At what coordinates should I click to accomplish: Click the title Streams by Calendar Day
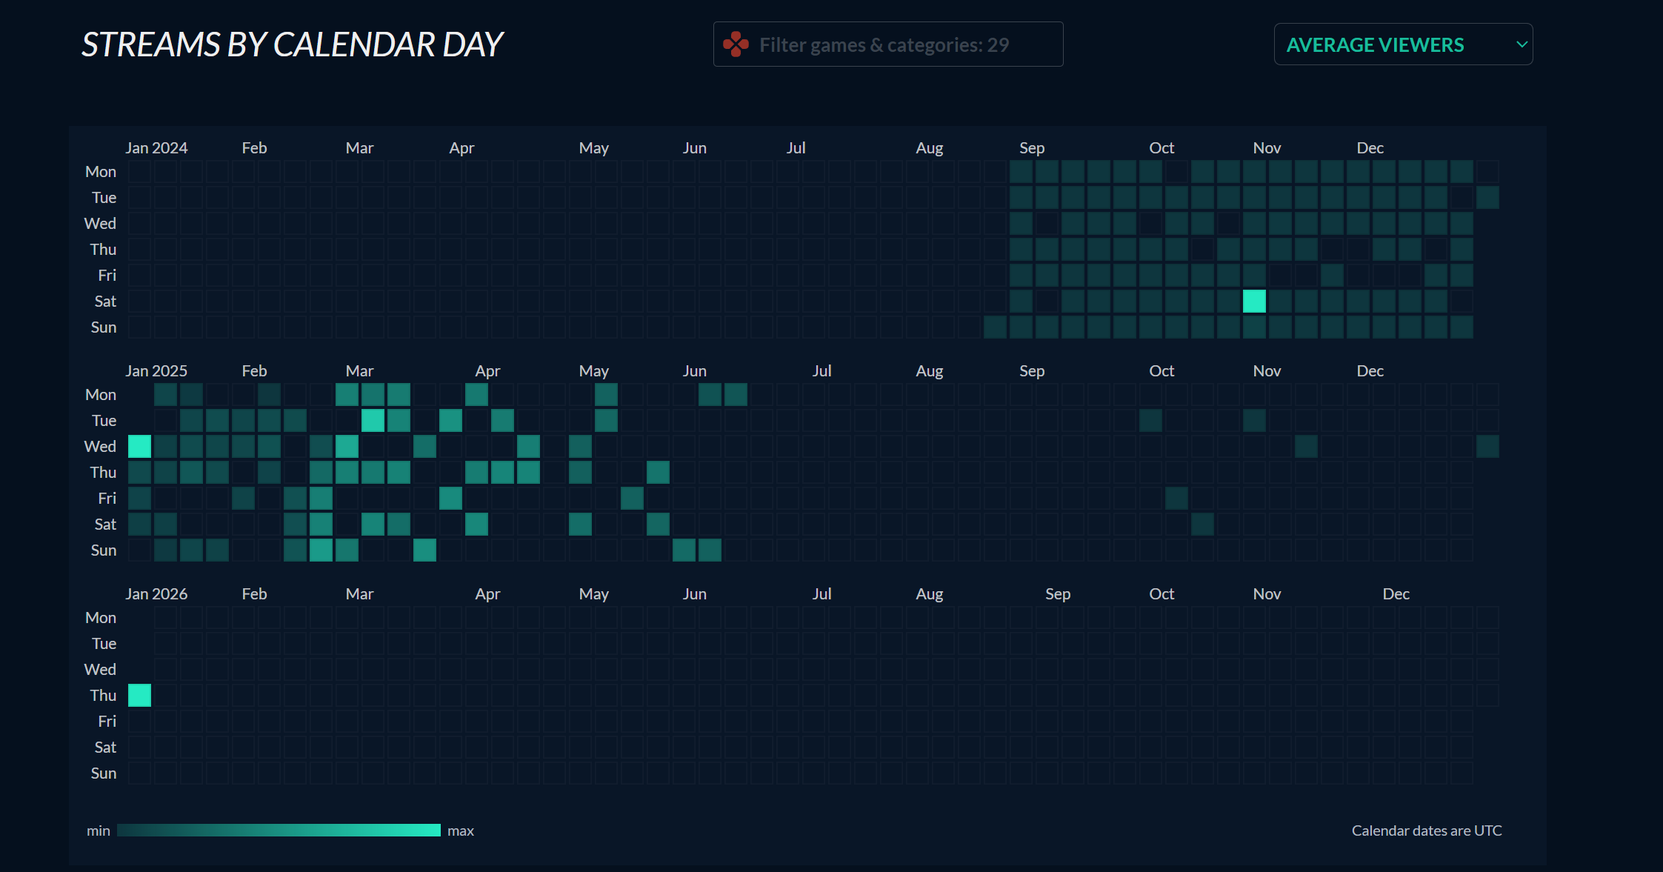[292, 44]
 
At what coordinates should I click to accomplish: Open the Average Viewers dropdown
[1402, 44]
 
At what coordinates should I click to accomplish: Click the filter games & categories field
[887, 44]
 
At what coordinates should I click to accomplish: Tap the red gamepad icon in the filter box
[736, 44]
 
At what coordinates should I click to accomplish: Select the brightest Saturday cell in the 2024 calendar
[1254, 301]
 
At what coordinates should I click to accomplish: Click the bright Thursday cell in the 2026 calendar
[139, 695]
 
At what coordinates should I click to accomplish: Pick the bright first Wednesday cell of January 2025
[139, 446]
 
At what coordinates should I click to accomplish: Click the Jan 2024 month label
[156, 148]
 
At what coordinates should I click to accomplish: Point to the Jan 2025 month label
[156, 371]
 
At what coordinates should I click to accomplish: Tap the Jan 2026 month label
[156, 594]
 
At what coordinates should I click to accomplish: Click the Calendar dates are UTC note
[1426, 831]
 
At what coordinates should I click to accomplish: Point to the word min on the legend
[98, 831]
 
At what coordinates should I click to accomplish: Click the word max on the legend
[460, 831]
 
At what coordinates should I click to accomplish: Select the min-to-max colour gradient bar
[279, 831]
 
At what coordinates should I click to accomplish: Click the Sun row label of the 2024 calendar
[104, 327]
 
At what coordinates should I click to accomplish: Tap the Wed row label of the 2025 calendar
[100, 447]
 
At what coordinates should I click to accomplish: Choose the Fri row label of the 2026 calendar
[107, 722]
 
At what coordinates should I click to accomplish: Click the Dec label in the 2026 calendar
[1396, 594]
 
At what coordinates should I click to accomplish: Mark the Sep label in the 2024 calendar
[1031, 148]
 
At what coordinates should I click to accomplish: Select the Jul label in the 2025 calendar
[821, 371]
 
